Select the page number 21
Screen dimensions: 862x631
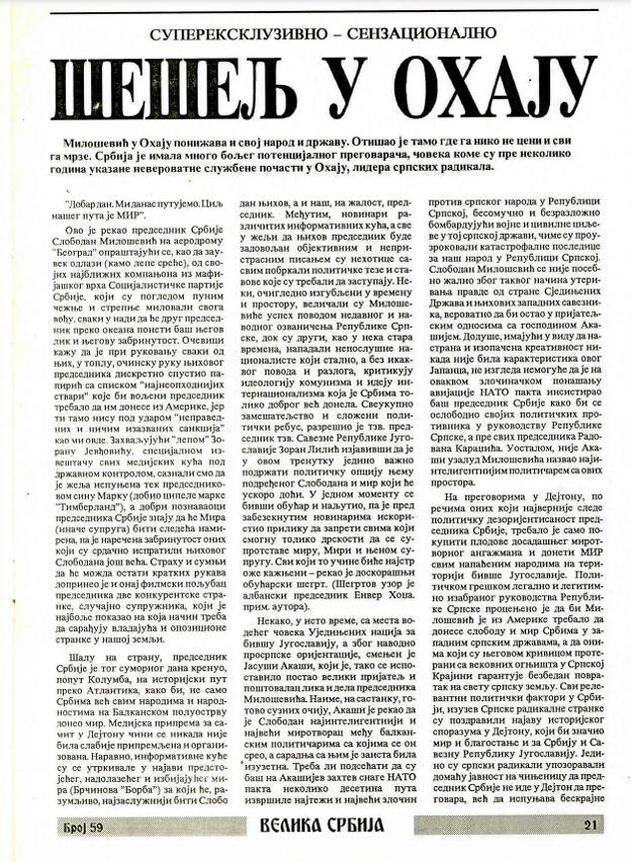click(588, 825)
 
